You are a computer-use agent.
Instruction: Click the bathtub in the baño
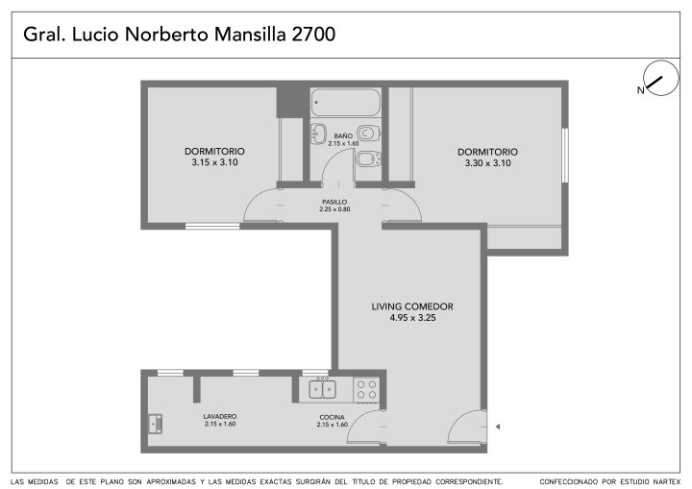[x=345, y=102]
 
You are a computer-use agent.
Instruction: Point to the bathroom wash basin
[x=318, y=134]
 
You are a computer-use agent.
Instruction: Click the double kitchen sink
[x=323, y=389]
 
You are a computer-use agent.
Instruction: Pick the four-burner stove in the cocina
[x=367, y=389]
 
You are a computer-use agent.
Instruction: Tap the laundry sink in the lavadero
[x=155, y=424]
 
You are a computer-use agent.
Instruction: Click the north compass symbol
[x=659, y=79]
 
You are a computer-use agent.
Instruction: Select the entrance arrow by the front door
[x=498, y=427]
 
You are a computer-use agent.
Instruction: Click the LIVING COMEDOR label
[x=412, y=306]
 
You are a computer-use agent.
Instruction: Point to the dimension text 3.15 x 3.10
[x=214, y=162]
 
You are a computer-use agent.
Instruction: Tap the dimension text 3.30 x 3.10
[x=487, y=163]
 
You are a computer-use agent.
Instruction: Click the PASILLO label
[x=334, y=202]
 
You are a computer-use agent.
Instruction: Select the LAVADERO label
[x=220, y=416]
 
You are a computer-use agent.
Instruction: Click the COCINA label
[x=332, y=417]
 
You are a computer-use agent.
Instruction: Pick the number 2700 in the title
[x=313, y=34]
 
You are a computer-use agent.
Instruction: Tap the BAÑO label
[x=343, y=135]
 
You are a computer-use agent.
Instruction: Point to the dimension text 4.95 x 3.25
[x=412, y=318]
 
